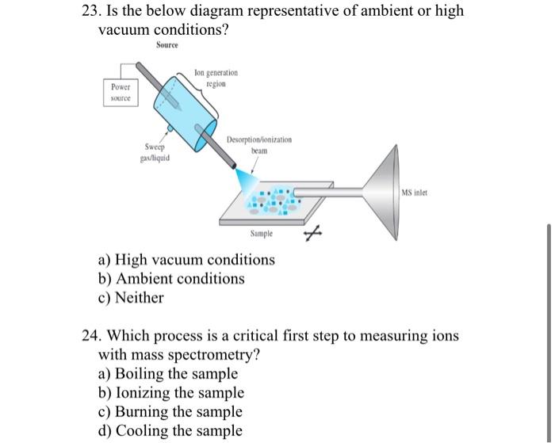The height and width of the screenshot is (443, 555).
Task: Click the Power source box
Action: pyautogui.click(x=121, y=93)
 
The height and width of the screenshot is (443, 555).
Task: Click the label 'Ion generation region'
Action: pyautogui.click(x=215, y=78)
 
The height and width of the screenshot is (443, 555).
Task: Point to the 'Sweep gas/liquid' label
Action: pyautogui.click(x=155, y=151)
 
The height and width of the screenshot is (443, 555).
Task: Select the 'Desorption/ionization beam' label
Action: pyautogui.click(x=258, y=143)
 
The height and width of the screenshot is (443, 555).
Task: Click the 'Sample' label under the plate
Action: pyautogui.click(x=261, y=234)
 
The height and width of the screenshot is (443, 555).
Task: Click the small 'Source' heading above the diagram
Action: pyautogui.click(x=166, y=44)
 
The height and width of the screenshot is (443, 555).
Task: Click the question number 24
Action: pyautogui.click(x=91, y=336)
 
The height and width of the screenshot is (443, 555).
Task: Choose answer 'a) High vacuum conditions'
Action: pyautogui.click(x=186, y=260)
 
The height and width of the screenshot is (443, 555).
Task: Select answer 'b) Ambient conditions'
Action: pyautogui.click(x=171, y=279)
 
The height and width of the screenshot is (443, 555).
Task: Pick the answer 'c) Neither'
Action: pyautogui.click(x=131, y=298)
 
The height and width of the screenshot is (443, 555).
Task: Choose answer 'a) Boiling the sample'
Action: pyautogui.click(x=167, y=374)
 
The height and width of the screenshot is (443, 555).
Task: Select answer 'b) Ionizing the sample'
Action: pyautogui.click(x=170, y=393)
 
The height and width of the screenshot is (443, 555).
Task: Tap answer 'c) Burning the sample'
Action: pyautogui.click(x=170, y=412)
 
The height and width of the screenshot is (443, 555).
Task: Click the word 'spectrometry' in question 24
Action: pyautogui.click(x=212, y=355)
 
